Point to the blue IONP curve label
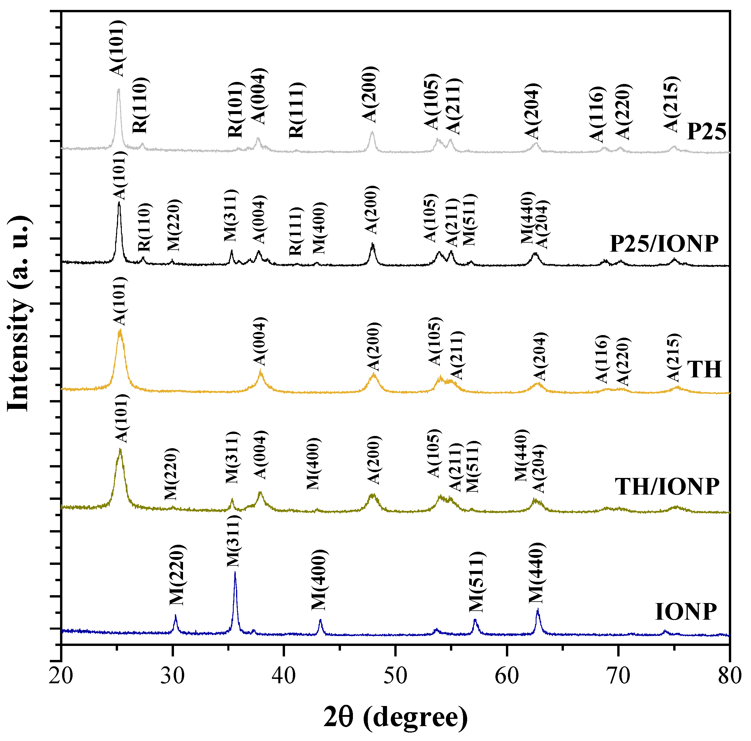(x=686, y=612)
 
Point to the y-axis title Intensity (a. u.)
(x=18, y=313)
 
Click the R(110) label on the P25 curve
(x=140, y=105)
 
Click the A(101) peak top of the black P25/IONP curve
(x=119, y=203)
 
